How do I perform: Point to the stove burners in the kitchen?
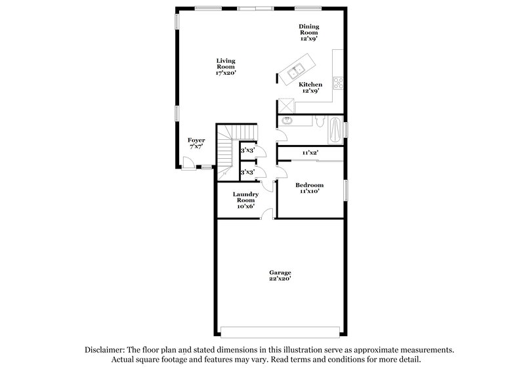point(339,83)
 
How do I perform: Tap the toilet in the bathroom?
point(319,122)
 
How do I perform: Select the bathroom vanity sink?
point(287,121)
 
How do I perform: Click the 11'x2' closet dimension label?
point(310,152)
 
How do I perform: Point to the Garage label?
point(280,272)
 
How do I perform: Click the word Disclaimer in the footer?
point(106,350)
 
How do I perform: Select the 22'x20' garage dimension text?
point(280,279)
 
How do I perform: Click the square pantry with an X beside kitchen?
point(286,105)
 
